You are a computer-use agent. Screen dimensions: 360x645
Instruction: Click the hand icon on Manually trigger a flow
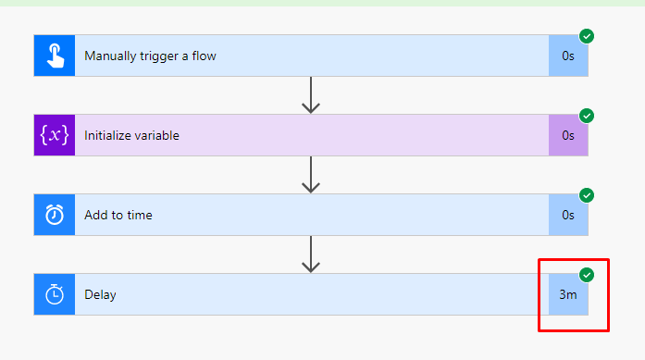[x=55, y=56]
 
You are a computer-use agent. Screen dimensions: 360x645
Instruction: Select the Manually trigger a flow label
[x=151, y=56]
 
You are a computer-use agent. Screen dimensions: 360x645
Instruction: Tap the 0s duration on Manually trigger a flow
[x=568, y=56]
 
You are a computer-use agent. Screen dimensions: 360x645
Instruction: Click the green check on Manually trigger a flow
[x=587, y=36]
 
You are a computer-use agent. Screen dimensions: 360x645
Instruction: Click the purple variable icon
[x=55, y=135]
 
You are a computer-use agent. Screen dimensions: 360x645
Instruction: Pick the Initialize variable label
[x=131, y=135]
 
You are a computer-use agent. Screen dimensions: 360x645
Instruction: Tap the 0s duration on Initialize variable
[x=568, y=135]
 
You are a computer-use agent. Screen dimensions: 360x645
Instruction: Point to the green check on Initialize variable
[x=587, y=116]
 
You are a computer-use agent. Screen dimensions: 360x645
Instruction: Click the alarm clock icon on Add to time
[x=55, y=215]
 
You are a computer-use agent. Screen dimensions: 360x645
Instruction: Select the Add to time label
[x=118, y=215]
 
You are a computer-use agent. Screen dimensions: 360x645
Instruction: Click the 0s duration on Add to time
[x=568, y=215]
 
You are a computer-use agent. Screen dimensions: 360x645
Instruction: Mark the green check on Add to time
[x=587, y=195]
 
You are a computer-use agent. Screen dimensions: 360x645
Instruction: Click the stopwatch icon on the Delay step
[x=55, y=294]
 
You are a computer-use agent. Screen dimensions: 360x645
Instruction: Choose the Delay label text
[x=100, y=294]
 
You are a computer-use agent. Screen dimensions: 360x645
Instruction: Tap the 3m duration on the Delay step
[x=568, y=294]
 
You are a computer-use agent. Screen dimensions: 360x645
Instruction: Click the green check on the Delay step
[x=587, y=275]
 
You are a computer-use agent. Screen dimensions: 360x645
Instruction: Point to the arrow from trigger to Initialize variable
[x=311, y=95]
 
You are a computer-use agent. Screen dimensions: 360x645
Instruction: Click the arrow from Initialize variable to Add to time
[x=311, y=175]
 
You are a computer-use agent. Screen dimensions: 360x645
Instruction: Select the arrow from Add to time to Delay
[x=311, y=254]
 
